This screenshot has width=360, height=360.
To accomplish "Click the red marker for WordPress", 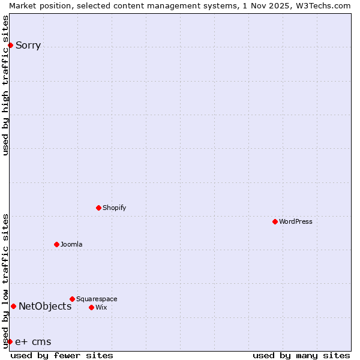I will point(275,221).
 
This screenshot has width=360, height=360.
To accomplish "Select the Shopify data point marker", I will point(98,208).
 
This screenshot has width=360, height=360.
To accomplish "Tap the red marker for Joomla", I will point(56,244).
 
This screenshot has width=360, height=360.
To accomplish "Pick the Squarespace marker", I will point(72,299).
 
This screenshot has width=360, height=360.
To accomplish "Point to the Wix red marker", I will point(91,307).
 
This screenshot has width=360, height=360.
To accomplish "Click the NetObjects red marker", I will point(13,306).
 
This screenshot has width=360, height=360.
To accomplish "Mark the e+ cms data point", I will point(10,341).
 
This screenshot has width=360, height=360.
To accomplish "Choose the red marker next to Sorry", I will point(10,45).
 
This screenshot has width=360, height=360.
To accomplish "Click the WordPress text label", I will point(296,221).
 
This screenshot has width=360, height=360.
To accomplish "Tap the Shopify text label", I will point(114,208).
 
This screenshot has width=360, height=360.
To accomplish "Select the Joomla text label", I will point(71,244).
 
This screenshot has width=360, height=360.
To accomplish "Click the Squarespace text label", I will point(97,299).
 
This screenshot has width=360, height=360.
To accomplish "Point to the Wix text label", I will point(101,307).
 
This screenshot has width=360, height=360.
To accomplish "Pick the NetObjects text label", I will point(45,306).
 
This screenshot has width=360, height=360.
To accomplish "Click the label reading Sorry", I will point(28,46).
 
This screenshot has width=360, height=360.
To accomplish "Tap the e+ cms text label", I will point(33,342).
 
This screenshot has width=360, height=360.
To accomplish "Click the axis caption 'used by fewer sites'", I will point(62,355).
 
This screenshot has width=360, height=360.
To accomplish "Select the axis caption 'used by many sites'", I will point(301,355).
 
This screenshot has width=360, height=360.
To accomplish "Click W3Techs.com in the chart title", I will point(322,5).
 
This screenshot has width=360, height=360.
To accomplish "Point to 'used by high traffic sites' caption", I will point(6,85).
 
